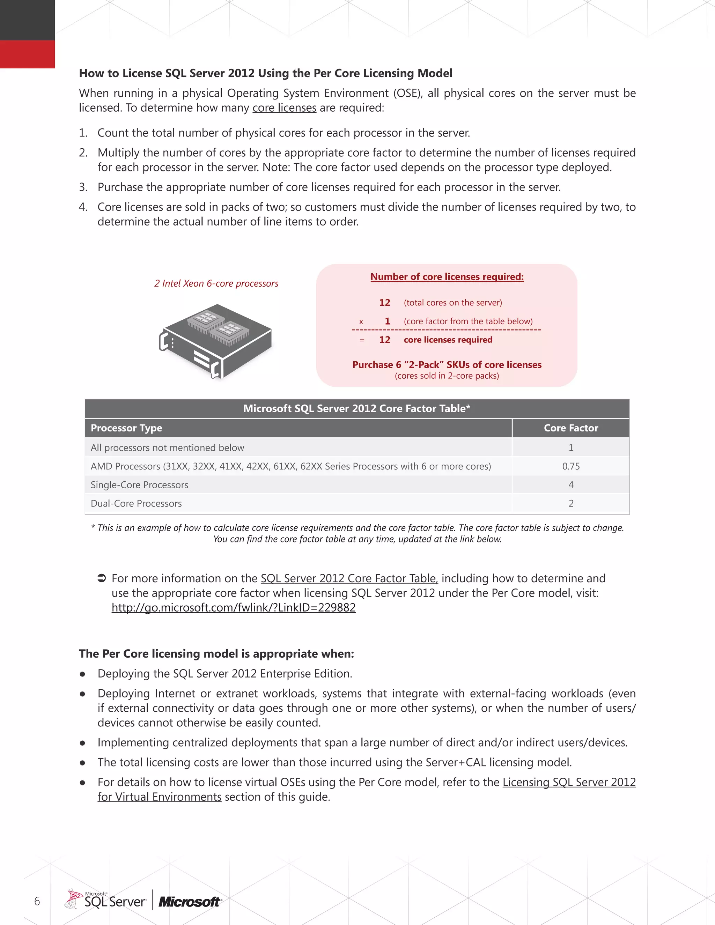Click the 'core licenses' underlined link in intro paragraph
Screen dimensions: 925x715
(x=284, y=108)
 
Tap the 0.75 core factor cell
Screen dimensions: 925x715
(x=570, y=466)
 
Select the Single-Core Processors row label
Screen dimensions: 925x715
(x=139, y=485)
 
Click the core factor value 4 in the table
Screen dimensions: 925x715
(x=570, y=485)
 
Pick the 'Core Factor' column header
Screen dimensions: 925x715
(x=570, y=428)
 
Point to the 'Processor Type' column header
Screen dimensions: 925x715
(x=126, y=428)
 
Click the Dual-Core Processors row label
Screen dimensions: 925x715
(x=136, y=504)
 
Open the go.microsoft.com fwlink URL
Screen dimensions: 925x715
(x=234, y=608)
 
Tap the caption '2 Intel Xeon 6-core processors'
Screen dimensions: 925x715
(x=216, y=283)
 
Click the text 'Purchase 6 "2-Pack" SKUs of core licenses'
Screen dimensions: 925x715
(x=447, y=365)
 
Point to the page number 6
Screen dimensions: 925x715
(x=37, y=901)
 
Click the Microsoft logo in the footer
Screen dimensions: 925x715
(x=189, y=902)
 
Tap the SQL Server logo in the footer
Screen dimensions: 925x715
(x=106, y=900)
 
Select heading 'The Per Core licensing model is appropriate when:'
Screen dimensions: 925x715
(x=216, y=653)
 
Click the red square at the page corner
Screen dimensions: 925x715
(x=27, y=54)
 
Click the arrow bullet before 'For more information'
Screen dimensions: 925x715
(x=102, y=578)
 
